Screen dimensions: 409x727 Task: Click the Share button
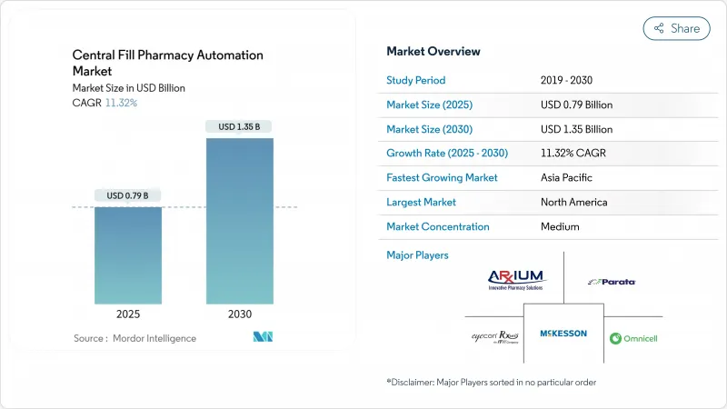point(676,28)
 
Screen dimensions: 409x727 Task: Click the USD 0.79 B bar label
point(128,195)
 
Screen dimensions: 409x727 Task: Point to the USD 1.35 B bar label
point(239,126)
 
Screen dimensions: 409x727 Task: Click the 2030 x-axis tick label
point(239,314)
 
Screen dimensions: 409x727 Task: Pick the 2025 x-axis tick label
point(128,314)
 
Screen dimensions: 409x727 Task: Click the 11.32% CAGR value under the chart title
point(120,103)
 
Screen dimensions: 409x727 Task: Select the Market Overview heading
point(433,51)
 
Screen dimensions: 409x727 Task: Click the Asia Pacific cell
point(567,177)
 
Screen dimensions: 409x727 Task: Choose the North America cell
point(573,202)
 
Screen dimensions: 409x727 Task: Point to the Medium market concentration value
point(560,226)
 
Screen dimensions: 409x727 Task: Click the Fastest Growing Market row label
point(442,177)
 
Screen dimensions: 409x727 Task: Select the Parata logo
point(612,282)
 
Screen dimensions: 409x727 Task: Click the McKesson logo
point(563,334)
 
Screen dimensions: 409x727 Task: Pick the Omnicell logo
point(633,338)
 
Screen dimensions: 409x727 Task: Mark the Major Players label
point(418,255)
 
